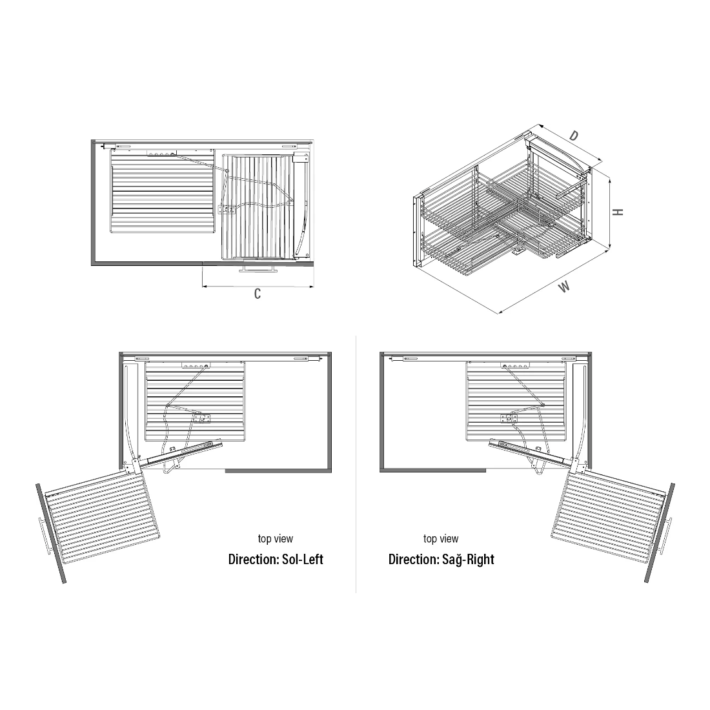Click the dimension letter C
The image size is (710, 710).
click(x=257, y=294)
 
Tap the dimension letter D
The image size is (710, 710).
click(x=574, y=136)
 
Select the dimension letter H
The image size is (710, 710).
click(x=618, y=212)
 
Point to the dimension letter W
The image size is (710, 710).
click(x=564, y=287)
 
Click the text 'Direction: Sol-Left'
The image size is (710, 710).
click(x=276, y=559)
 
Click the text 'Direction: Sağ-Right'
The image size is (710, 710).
click(x=441, y=559)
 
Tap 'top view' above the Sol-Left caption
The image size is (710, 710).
click(x=276, y=539)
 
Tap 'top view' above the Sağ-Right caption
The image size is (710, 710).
click(x=441, y=539)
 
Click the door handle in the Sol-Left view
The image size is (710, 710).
click(x=45, y=536)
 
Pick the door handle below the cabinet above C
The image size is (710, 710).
click(x=259, y=269)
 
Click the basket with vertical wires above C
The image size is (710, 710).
click(x=257, y=207)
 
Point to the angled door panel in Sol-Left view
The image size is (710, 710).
click(x=51, y=533)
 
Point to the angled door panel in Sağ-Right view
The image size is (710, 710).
click(x=660, y=533)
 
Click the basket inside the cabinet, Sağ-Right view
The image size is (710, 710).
click(x=516, y=401)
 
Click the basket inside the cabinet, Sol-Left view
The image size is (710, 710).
click(x=195, y=401)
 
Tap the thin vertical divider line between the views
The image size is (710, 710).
click(x=356, y=464)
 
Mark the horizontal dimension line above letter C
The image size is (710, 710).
click(x=258, y=286)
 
